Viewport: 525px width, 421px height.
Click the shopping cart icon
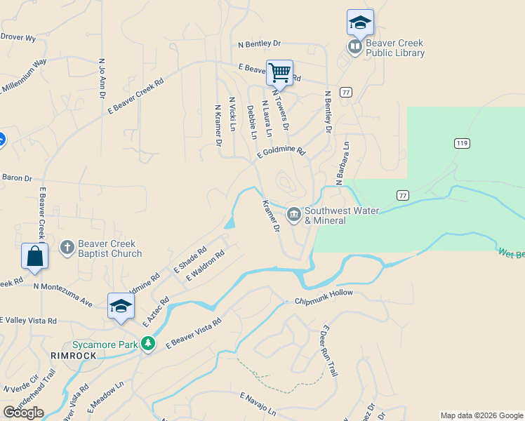pyautogui.click(x=279, y=72)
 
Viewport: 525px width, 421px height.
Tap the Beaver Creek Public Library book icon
pyautogui.click(x=355, y=47)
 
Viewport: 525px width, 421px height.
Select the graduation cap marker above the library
pyautogui.click(x=360, y=22)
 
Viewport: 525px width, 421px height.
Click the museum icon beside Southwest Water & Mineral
pyautogui.click(x=293, y=213)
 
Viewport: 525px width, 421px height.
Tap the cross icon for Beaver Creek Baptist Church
pyautogui.click(x=67, y=247)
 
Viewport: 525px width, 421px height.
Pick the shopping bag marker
pyautogui.click(x=34, y=257)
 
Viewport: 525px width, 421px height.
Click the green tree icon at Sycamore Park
pyautogui.click(x=147, y=343)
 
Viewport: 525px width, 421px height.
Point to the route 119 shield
pyautogui.click(x=461, y=143)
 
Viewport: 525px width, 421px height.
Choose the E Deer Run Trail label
pyautogui.click(x=329, y=351)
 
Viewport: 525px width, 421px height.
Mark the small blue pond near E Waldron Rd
pyautogui.click(x=230, y=223)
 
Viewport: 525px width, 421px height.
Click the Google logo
pyautogui.click(x=23, y=412)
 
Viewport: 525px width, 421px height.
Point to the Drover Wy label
pyautogui.click(x=18, y=37)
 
